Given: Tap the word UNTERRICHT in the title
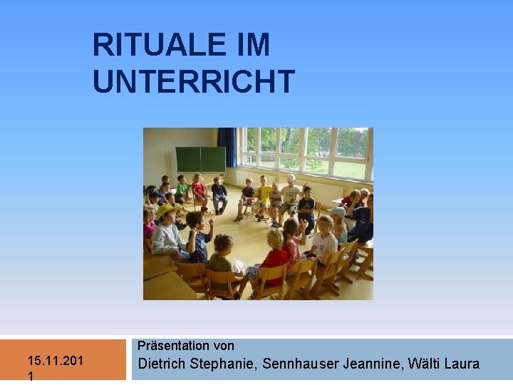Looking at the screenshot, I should pyautogui.click(x=193, y=81).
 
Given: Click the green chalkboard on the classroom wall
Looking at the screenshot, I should pyautogui.click(x=200, y=159).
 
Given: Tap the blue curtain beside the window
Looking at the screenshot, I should pyautogui.click(x=227, y=147).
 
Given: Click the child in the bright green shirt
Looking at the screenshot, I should pyautogui.click(x=182, y=188).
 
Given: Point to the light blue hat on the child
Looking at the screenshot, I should pyautogui.click(x=338, y=212).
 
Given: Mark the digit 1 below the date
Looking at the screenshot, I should pyautogui.click(x=31, y=376).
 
